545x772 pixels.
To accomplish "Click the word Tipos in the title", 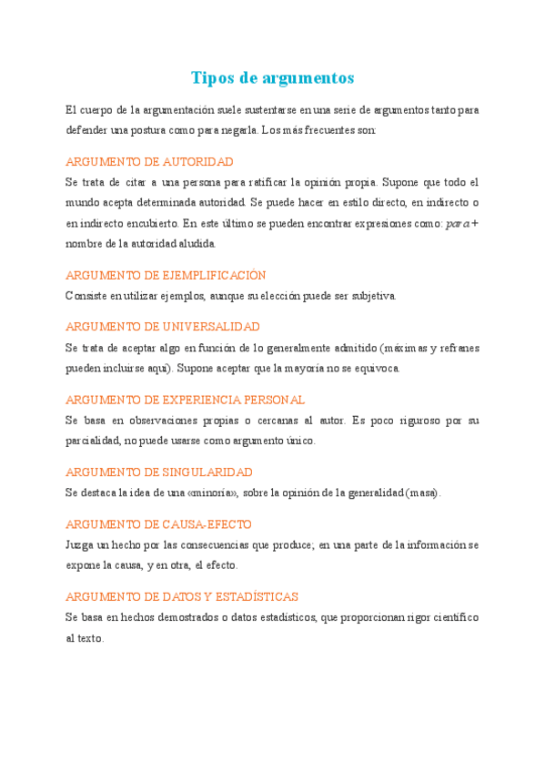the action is click(x=212, y=77).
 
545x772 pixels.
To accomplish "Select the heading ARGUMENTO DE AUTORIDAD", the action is click(x=150, y=161).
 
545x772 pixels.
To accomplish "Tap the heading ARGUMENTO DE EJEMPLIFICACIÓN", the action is click(x=166, y=275).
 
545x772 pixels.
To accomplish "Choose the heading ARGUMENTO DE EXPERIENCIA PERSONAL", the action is click(x=186, y=400).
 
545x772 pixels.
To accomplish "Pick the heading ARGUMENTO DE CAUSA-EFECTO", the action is click(x=159, y=524).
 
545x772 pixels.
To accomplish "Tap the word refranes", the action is click(x=459, y=348).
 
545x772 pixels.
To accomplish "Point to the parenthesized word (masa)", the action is click(x=422, y=493).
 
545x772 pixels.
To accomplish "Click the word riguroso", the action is click(x=419, y=421).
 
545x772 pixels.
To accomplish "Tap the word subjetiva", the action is click(x=368, y=296).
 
